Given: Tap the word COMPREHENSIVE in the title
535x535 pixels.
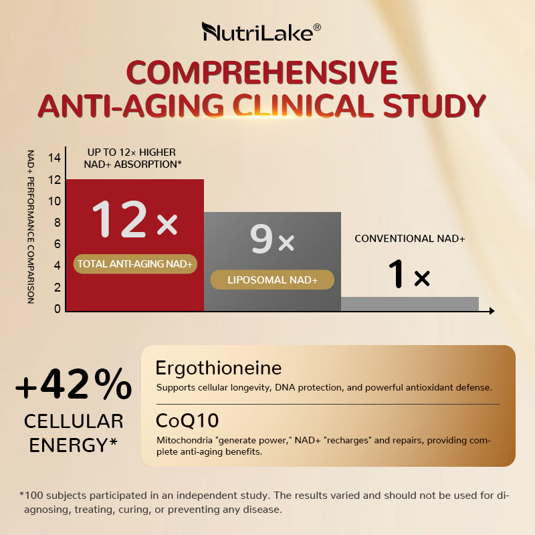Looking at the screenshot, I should click(261, 72).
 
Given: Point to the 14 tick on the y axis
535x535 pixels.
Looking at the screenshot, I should click(55, 158).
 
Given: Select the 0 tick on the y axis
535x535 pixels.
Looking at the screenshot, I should click(58, 309).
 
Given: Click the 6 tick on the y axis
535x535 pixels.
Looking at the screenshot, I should click(58, 244).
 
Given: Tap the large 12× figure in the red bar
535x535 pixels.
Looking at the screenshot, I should click(134, 220).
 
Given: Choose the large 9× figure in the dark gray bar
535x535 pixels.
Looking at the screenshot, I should click(272, 239).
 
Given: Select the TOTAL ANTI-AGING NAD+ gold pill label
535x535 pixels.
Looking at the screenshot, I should click(135, 264).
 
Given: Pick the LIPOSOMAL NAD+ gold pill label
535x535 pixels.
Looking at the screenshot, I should click(272, 280).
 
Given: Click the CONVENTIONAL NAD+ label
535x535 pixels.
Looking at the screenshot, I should click(409, 239).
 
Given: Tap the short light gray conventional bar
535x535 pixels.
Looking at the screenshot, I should click(409, 304).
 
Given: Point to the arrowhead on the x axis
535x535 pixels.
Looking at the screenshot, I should click(492, 311).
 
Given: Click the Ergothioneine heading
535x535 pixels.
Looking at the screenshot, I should click(218, 368).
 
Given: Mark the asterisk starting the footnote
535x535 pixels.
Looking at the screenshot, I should click(22, 495).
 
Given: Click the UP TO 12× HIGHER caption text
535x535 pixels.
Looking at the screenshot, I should click(132, 152).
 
